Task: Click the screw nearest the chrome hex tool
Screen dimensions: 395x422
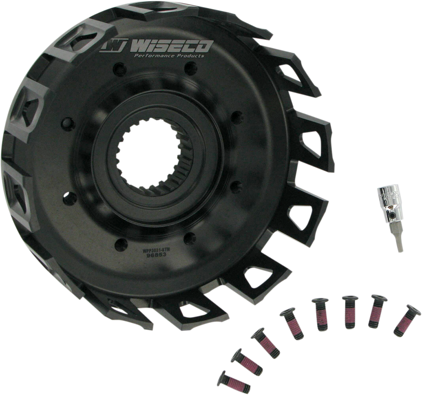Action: (404, 320)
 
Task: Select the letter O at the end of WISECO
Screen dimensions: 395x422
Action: (205, 46)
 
